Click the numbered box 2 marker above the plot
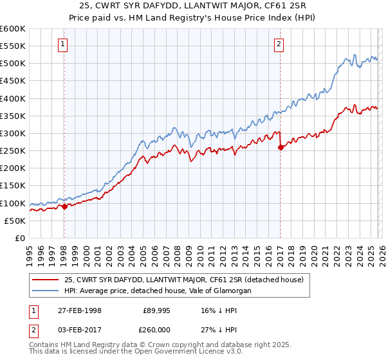click(279, 44)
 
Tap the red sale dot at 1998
click(64, 206)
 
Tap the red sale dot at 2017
click(280, 147)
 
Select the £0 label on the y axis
click(21, 238)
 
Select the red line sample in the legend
click(46, 280)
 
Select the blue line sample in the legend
click(46, 291)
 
